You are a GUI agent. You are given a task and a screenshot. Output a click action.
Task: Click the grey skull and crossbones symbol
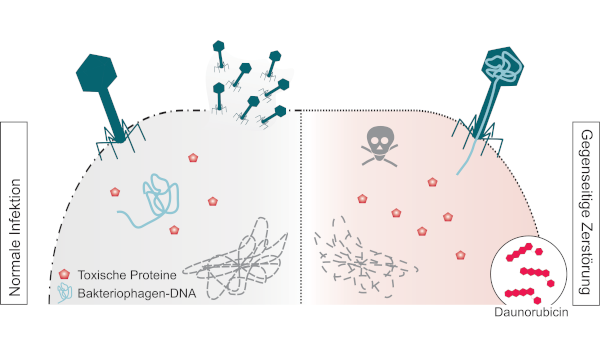tap(379, 147)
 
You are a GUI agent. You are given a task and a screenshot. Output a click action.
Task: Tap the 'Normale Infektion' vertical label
tap(14, 238)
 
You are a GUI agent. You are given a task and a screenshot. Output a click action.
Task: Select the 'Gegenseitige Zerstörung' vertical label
tap(586, 212)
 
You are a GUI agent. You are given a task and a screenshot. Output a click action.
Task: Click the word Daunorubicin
tap(531, 312)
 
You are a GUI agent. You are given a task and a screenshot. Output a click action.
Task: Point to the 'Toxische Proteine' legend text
tap(127, 275)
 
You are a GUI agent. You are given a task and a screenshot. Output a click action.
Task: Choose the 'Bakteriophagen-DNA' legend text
tap(137, 293)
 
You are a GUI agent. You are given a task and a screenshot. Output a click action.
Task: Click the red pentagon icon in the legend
tap(64, 274)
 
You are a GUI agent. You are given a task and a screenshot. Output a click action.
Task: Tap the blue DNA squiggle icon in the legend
tap(64, 293)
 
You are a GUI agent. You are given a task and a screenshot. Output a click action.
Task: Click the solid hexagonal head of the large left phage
tap(96, 73)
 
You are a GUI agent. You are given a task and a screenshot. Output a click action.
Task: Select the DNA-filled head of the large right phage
tap(503, 65)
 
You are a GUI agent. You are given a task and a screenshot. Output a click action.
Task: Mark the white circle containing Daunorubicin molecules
tap(528, 271)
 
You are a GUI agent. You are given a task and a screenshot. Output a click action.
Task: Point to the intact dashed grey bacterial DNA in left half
tap(236, 259)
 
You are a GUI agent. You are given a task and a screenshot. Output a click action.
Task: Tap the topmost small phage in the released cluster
tap(219, 55)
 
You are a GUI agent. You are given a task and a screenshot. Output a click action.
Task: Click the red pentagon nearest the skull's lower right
tap(432, 182)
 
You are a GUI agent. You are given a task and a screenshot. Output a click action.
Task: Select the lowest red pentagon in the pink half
tap(460, 255)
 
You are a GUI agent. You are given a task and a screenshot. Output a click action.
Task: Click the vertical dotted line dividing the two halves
tap(301, 207)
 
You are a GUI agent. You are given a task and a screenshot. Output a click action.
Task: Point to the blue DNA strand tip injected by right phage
tap(457, 174)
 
